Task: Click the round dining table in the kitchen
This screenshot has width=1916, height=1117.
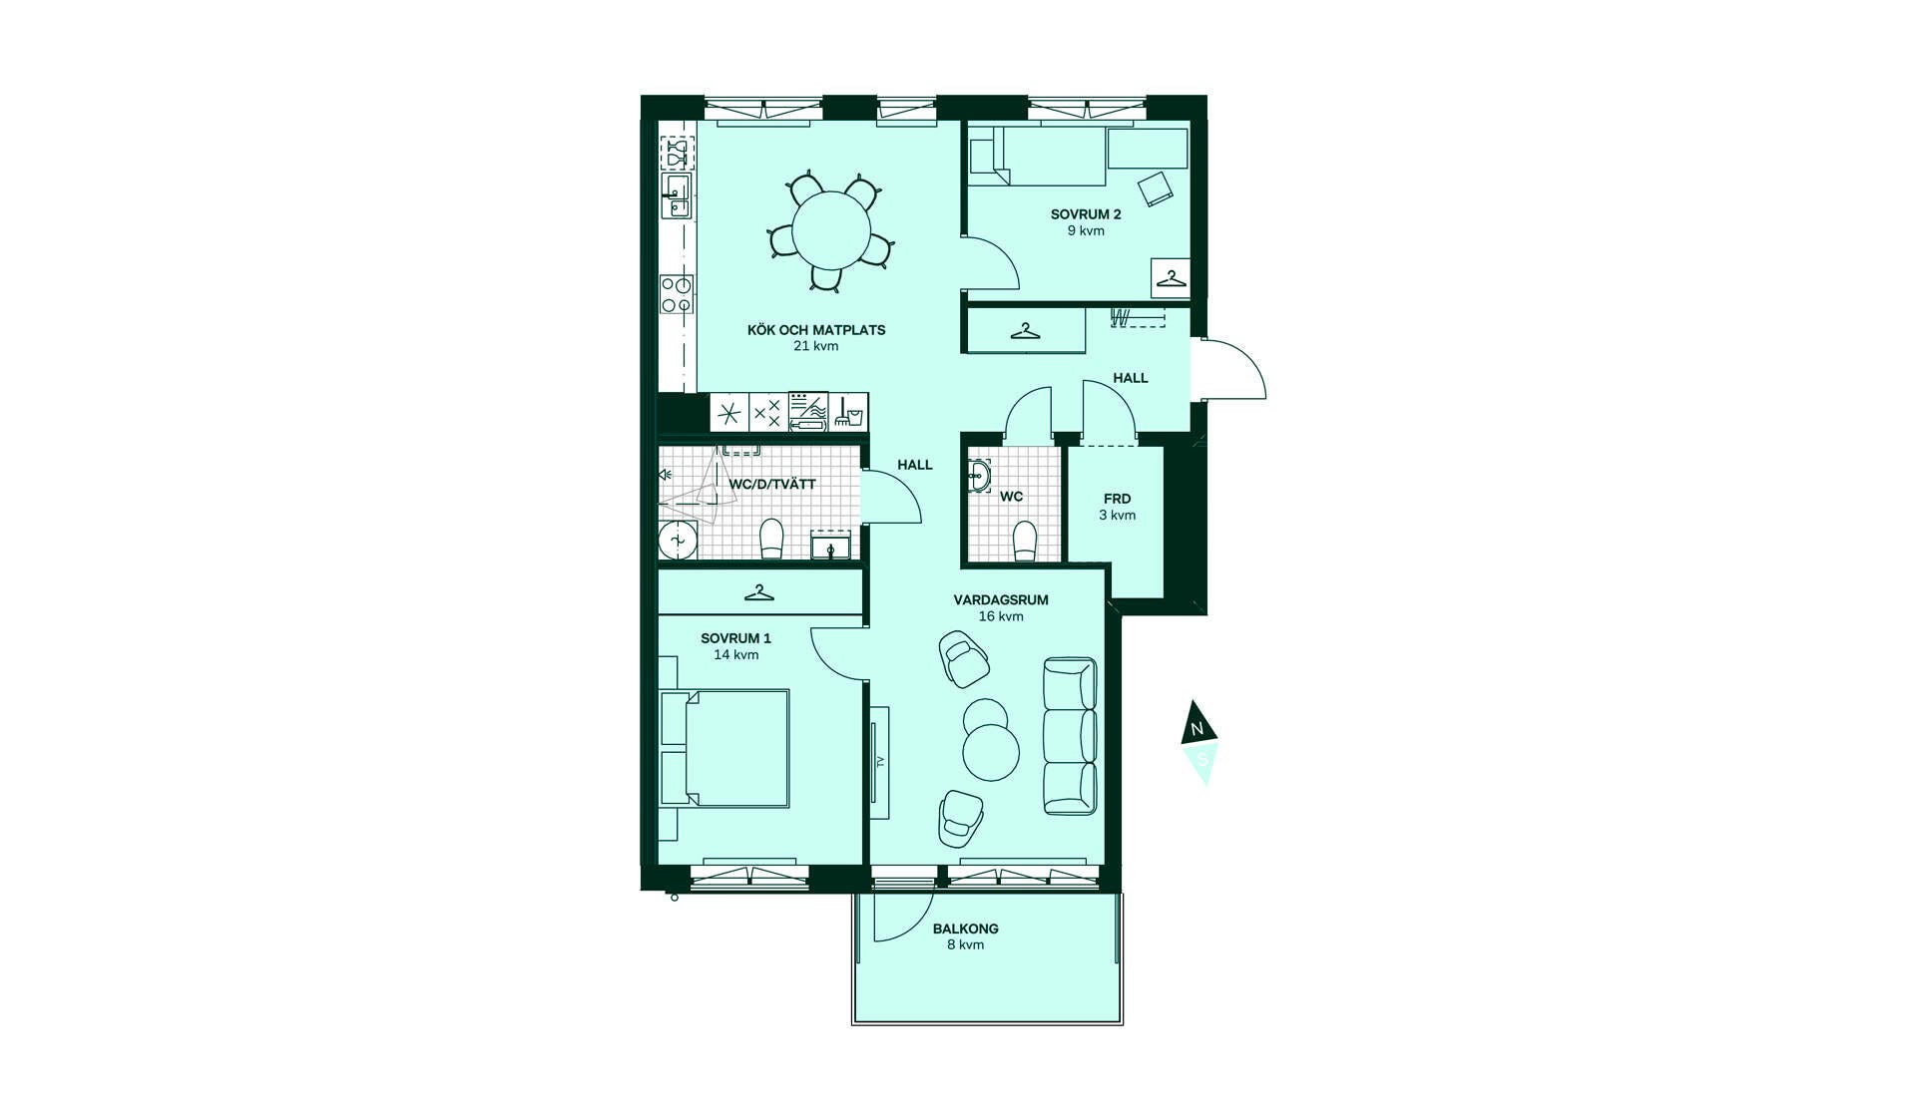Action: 831,230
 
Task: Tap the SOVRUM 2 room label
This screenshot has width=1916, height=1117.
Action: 1086,214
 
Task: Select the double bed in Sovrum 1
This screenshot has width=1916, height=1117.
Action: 724,748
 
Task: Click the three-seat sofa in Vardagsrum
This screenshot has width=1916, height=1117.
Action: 1070,736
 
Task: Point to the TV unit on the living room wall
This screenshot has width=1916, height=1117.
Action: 879,762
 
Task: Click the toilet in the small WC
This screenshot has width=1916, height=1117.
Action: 1025,542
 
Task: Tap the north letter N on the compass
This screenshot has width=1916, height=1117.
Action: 1197,729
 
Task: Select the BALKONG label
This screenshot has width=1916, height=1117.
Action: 965,929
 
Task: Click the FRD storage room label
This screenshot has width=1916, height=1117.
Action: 1117,499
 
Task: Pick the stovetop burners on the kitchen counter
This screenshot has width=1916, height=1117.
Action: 677,294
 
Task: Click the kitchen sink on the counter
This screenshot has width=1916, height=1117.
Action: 677,197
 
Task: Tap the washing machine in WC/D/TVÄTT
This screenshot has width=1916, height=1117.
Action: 678,540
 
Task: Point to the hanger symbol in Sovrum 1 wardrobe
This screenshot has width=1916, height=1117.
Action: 759,592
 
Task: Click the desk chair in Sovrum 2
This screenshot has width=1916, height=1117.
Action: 1157,187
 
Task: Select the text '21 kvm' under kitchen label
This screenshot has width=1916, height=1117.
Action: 815,346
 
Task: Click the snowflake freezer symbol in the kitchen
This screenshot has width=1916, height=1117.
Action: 729,412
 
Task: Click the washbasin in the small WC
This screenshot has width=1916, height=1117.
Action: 979,477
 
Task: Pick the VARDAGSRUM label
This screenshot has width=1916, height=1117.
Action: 1001,600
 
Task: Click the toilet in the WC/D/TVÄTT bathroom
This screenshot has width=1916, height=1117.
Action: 771,539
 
